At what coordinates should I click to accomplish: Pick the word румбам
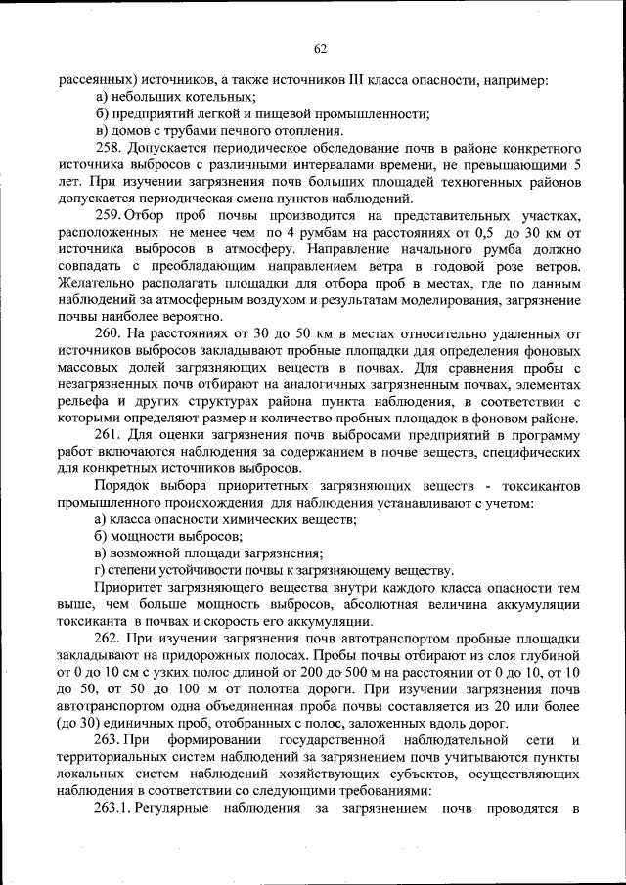(x=333, y=233)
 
